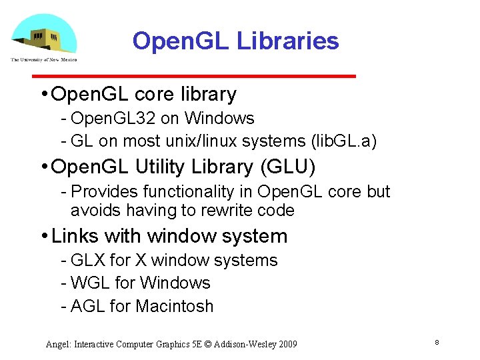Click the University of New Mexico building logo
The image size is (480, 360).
[x=43, y=37]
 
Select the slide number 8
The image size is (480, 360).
[x=436, y=343]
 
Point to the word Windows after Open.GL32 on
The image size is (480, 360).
[x=219, y=119]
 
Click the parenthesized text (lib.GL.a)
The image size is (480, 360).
[x=339, y=141]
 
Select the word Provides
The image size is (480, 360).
[x=102, y=192]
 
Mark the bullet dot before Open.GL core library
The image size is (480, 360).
[x=43, y=95]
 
